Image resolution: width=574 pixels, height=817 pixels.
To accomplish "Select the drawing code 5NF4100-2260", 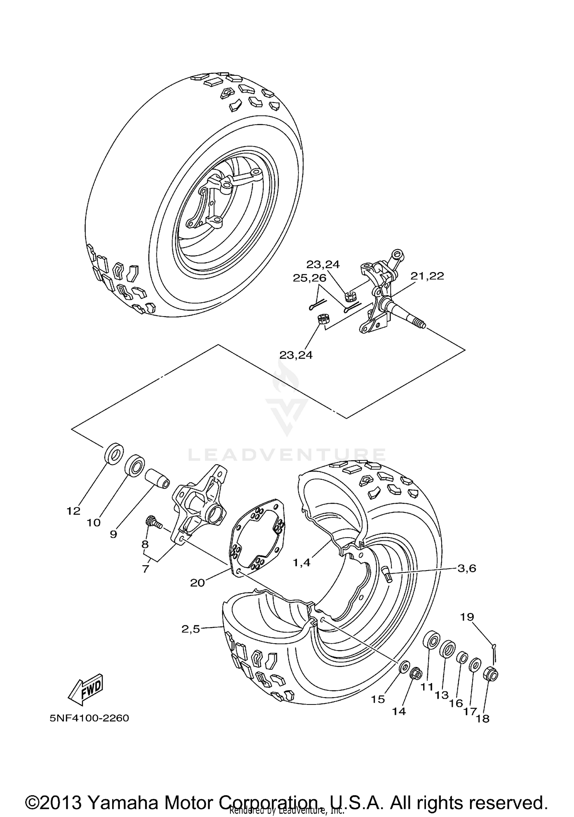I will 89,718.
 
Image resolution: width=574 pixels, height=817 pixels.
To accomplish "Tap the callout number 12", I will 73,510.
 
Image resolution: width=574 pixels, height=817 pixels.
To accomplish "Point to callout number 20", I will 197,582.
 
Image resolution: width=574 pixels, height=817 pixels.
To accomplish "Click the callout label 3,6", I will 467,568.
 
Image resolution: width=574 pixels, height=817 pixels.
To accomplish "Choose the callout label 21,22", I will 427,276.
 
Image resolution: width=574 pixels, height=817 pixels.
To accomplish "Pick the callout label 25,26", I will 310,278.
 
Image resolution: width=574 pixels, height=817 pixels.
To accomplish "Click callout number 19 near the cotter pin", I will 467,617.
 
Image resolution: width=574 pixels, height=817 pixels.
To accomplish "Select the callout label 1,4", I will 302,563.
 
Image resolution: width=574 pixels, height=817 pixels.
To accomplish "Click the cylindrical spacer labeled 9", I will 157,478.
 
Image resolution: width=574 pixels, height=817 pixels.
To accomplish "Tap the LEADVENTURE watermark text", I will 287,455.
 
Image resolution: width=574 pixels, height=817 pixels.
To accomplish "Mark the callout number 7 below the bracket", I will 145,569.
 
